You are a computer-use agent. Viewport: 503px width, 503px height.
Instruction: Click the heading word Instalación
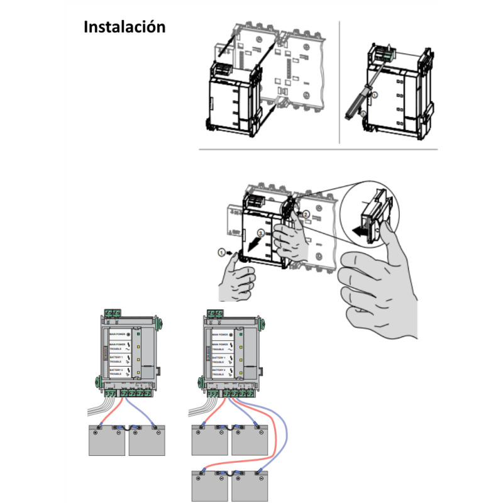124,28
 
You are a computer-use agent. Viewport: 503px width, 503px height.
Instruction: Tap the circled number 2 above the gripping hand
306,214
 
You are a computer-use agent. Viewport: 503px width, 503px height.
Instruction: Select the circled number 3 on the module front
261,233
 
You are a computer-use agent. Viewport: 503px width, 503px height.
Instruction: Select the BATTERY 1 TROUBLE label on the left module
118,360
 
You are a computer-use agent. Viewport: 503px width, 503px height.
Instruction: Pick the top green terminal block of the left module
114,312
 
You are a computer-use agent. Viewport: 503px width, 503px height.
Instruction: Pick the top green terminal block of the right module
216,312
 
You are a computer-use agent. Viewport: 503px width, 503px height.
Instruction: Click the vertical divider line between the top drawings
339,82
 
